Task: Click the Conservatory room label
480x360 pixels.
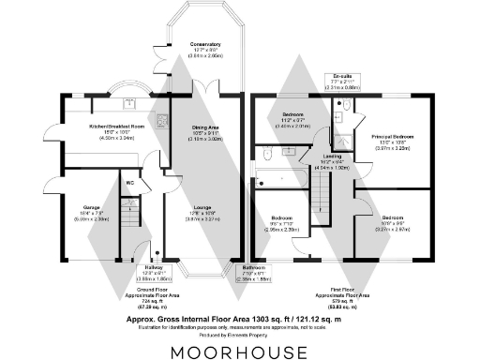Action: tap(205, 44)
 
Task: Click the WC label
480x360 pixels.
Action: tap(130, 183)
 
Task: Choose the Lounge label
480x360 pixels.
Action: tap(202, 207)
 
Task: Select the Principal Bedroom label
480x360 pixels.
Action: tap(394, 136)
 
